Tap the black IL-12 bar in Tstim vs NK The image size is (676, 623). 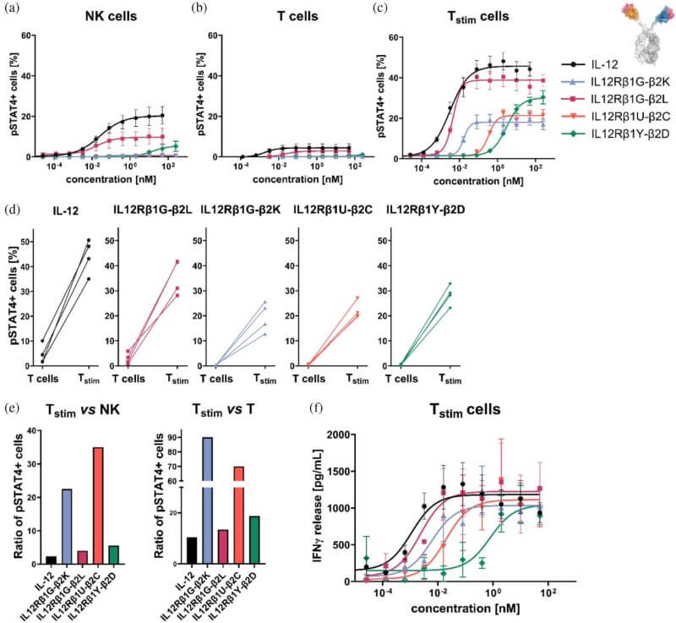(51, 560)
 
